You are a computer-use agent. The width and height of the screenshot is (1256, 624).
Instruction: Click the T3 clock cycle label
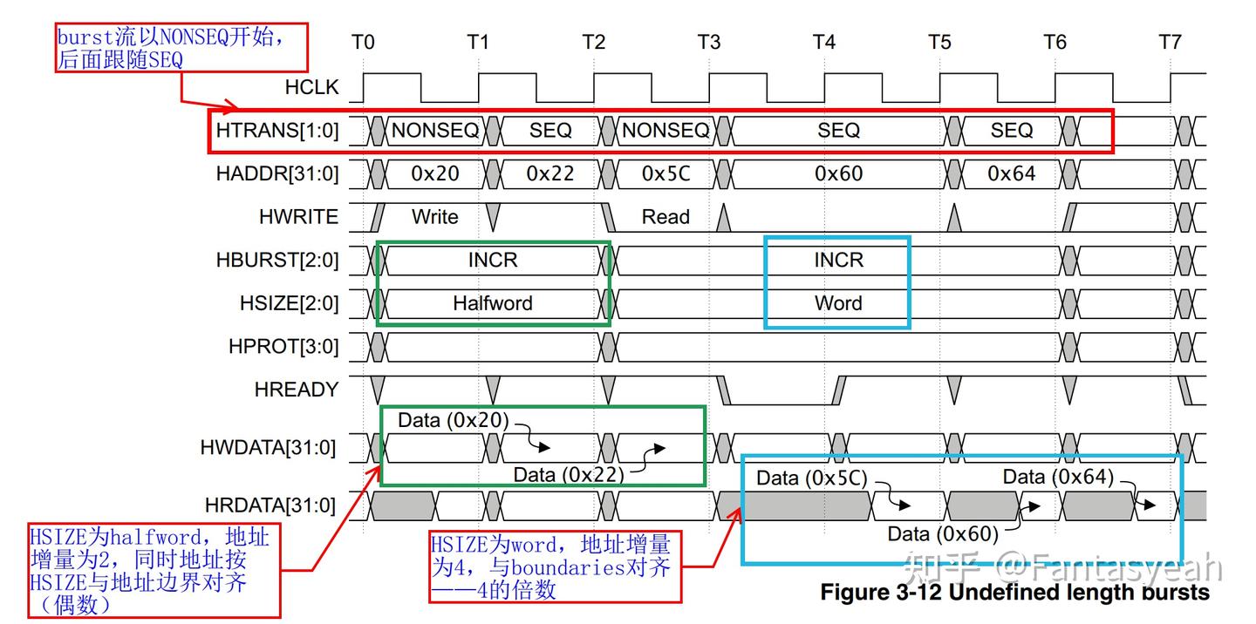coord(709,42)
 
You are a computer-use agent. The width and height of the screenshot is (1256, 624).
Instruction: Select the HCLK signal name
coord(311,87)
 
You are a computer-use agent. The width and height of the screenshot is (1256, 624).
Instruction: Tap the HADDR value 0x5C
coord(666,173)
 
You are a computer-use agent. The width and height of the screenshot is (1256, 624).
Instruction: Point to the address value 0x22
coord(550,173)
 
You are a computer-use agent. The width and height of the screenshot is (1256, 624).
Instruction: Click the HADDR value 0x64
coord(1012,173)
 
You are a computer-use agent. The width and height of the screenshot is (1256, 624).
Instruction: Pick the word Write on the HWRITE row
coord(435,217)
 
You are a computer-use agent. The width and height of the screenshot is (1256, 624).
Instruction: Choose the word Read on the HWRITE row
coord(666,217)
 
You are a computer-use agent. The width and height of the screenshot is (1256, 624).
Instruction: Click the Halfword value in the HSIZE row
coord(493,303)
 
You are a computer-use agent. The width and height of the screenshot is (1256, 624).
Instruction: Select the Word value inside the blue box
coord(838,303)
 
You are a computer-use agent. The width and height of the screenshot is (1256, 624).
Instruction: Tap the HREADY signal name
coord(297,390)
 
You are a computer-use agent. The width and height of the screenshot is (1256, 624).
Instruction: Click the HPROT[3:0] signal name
coord(283,347)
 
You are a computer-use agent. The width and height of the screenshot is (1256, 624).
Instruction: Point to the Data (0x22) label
coord(569,475)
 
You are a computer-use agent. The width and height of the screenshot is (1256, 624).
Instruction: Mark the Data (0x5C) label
coord(811,478)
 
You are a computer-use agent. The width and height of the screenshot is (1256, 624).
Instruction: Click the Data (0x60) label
coord(943,534)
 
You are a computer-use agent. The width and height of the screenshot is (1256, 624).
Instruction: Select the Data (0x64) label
coord(1058,477)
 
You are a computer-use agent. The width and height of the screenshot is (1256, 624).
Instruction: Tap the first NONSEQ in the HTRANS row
coord(435,131)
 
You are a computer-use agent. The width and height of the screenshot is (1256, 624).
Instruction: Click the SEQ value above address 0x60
coord(838,131)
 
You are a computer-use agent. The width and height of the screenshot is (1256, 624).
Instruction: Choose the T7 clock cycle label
coord(1171,42)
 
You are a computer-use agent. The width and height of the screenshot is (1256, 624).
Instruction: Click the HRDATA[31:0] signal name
coord(270,505)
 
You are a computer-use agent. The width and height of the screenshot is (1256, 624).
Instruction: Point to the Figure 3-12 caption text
coord(1015,592)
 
